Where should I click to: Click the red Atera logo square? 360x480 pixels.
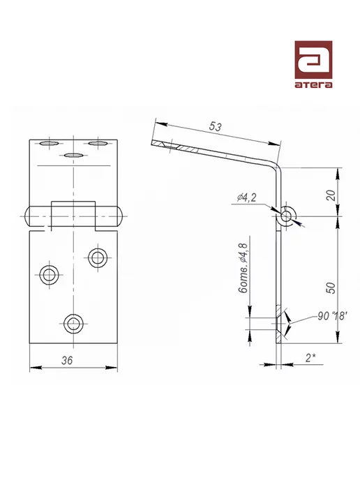[313, 60]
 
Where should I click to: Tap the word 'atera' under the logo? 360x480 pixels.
[313, 84]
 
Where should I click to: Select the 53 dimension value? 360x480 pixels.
[215, 126]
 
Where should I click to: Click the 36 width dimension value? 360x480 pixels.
[67, 360]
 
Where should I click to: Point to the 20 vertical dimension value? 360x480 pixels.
[331, 195]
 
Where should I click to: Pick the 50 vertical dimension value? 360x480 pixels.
[331, 287]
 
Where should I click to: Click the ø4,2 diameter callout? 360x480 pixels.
[247, 197]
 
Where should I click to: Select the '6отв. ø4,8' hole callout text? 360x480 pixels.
[243, 268]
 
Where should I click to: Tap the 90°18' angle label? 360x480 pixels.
[332, 316]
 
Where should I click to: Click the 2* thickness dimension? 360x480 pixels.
[310, 357]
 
